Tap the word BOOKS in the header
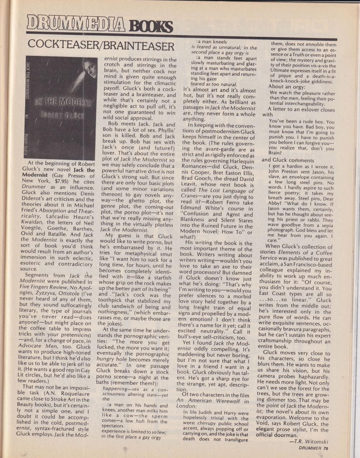[151, 26]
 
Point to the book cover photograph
[61, 108]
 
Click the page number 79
[325, 448]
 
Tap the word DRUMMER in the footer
[310, 448]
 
